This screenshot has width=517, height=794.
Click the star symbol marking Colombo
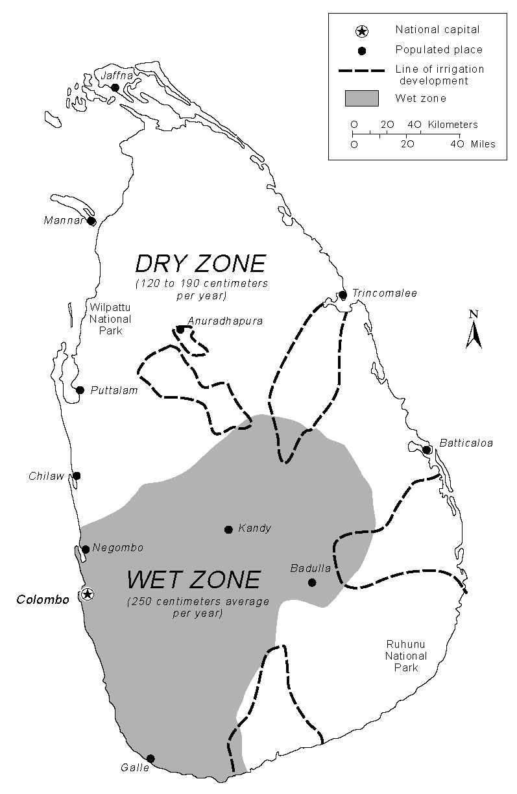pos(88,593)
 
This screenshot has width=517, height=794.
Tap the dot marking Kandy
pos(228,529)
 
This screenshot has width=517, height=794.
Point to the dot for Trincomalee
pos(343,295)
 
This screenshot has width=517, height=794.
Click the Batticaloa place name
pos(466,443)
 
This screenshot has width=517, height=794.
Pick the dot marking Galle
pos(150,758)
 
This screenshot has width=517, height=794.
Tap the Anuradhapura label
pos(224,320)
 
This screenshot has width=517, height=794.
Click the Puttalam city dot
pos(80,390)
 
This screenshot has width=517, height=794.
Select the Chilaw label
pos(47,476)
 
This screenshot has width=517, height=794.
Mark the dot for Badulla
pos(312,582)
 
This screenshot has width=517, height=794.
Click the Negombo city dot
pos(86,549)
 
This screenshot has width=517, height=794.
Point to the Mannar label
pos(64,220)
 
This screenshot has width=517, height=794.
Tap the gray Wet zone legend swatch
pos(361,98)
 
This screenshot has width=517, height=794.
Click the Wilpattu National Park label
pos(109,319)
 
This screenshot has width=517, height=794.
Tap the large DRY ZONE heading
pos(200,264)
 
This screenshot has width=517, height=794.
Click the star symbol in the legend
pos(362,31)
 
